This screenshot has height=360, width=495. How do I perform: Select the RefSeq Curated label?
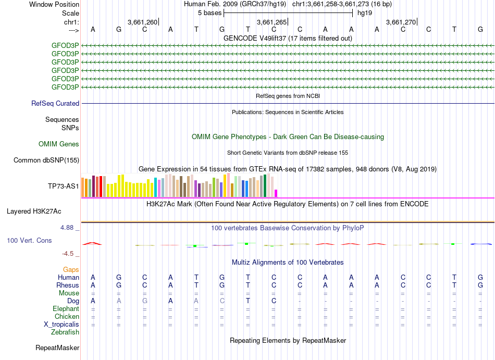[55, 104]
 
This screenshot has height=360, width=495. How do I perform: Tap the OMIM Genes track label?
[59, 144]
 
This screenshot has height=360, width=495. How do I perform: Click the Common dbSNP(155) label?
[46, 160]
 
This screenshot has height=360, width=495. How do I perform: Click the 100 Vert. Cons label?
[29, 241]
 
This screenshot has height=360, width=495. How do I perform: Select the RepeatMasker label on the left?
[57, 347]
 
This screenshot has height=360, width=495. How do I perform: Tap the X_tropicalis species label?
[61, 325]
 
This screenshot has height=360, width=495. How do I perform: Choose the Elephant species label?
[65, 308]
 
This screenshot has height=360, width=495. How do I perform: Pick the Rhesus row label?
[68, 285]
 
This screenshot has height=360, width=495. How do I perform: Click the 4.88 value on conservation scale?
[69, 228]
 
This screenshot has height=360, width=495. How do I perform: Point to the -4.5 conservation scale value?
[70, 254]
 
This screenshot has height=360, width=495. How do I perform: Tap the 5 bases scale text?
[209, 13]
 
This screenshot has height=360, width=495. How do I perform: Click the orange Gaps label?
[71, 270]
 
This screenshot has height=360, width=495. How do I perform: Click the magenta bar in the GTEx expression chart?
[276, 193]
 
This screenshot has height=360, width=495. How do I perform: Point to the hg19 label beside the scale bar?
[365, 13]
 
